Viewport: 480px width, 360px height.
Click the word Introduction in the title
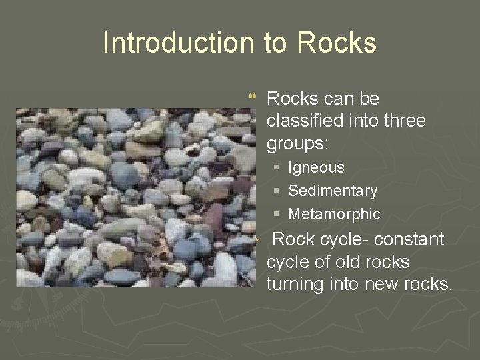click(x=177, y=43)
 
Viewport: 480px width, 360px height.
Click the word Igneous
click(x=317, y=167)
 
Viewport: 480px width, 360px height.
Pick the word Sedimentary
click(x=333, y=191)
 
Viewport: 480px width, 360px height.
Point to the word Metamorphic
click(x=334, y=214)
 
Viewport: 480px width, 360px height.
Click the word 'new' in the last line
click(x=382, y=285)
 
